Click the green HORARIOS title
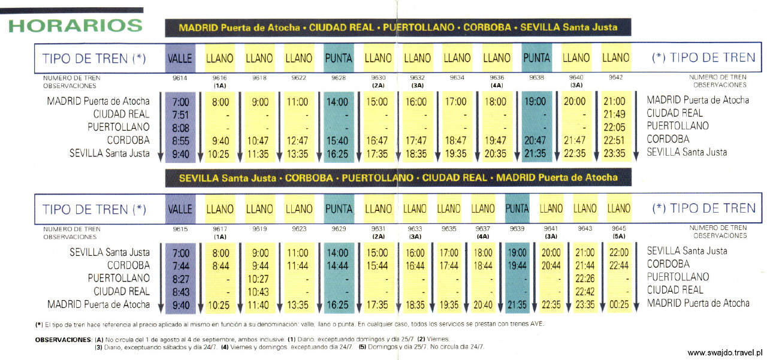[x=75, y=26]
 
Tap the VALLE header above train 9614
[x=180, y=58]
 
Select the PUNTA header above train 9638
[x=536, y=58]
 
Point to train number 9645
[x=619, y=228]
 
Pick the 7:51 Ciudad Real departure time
[x=180, y=114]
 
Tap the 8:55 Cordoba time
[x=180, y=140]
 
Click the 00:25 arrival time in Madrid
[x=619, y=304]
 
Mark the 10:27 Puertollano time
[x=259, y=279]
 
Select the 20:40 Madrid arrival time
[x=483, y=304]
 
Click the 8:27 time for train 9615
[x=180, y=279]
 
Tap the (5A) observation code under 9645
[x=619, y=236]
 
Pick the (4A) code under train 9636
[x=497, y=86]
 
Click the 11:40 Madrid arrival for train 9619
[x=259, y=304]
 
